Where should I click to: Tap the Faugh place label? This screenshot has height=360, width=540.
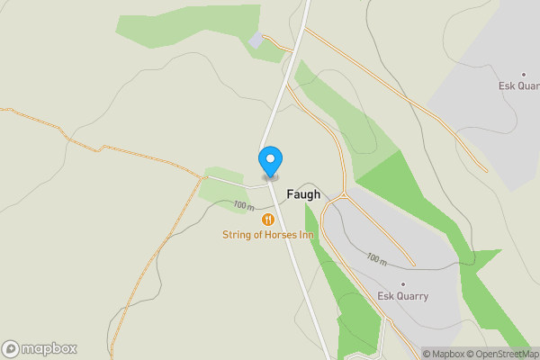pos(302,194)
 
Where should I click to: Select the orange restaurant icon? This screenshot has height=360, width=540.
pos(267,220)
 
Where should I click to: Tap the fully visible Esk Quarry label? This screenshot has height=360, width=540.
pos(402,295)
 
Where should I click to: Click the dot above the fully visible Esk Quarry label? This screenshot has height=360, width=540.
pos(403,283)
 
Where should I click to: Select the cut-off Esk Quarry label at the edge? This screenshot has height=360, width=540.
pos(519,86)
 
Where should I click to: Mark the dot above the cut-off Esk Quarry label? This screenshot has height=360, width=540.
pos(523,75)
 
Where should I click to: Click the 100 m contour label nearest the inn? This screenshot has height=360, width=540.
pos(243,206)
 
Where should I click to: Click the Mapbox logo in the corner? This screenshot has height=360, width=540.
pos(39,349)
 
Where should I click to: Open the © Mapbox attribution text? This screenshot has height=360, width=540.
pos(442,354)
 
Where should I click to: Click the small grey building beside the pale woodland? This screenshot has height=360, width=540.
pos(256,40)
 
